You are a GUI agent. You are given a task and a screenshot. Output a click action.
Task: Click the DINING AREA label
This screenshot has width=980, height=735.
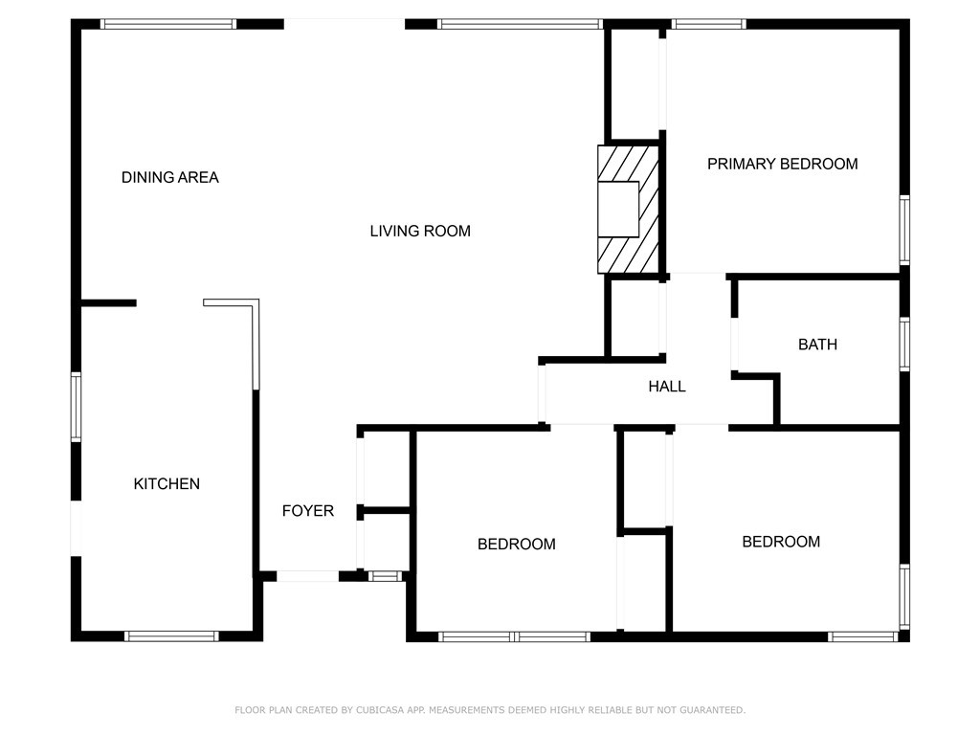pos(169,177)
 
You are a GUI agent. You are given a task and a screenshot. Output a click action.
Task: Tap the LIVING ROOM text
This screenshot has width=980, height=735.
pos(420,231)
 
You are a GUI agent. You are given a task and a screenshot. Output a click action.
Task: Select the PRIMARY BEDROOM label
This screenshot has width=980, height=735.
pos(782,164)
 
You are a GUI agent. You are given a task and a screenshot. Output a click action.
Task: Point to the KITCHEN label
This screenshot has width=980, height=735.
pos(167,483)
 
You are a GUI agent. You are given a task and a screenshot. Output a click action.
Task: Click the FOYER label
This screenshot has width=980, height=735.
pos(307,511)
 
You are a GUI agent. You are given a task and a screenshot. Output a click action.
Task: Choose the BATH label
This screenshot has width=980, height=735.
pos(817,345)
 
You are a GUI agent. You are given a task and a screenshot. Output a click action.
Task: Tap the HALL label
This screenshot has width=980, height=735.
pos(667,387)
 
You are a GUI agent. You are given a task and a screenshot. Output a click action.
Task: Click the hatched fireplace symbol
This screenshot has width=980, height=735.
pos(629,209)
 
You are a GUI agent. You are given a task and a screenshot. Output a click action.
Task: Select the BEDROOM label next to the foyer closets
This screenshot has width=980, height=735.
pos(516,544)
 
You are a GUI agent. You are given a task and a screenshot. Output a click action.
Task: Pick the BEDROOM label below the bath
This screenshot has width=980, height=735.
pos(781,542)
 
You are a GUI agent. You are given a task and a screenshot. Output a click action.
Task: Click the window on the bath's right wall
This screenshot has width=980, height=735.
pos(903,345)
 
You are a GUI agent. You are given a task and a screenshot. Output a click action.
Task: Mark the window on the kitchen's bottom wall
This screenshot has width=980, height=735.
pos(172,635)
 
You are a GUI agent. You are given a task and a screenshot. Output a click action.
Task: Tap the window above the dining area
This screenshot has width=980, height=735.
pos(168,24)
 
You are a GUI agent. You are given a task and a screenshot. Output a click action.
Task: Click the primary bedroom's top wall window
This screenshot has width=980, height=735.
pos(708,24)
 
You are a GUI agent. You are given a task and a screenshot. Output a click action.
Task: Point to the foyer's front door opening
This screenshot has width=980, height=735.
pos(307,576)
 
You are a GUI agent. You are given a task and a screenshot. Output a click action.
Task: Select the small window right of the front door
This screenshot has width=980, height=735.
pos(385,576)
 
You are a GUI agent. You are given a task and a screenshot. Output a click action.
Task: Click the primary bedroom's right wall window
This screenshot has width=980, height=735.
pos(903,230)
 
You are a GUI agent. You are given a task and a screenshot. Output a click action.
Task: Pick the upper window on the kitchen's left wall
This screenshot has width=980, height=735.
pos(77,407)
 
